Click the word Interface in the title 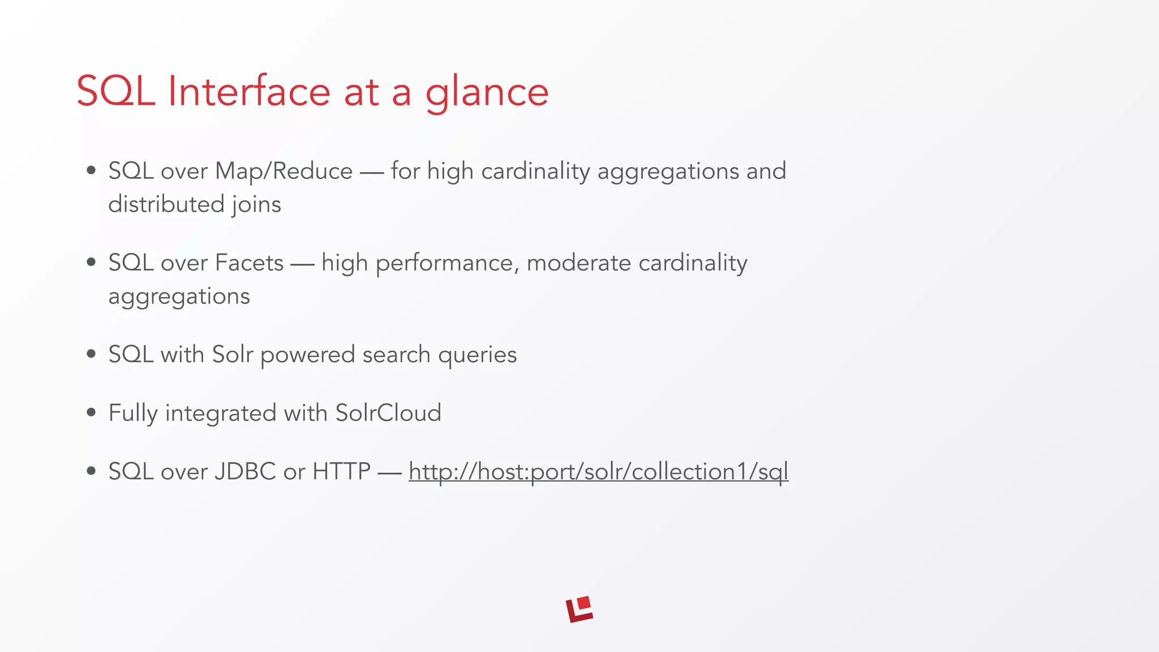point(249,92)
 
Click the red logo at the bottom point(579,610)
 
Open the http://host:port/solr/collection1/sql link point(598,471)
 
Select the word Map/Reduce point(284,171)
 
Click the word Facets point(249,263)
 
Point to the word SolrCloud point(388,413)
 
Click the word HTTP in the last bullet point(341,471)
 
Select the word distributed point(166,205)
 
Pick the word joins point(256,205)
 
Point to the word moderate point(578,263)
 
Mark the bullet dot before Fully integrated point(91,413)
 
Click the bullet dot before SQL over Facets point(91,262)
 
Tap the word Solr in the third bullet point(232,355)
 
